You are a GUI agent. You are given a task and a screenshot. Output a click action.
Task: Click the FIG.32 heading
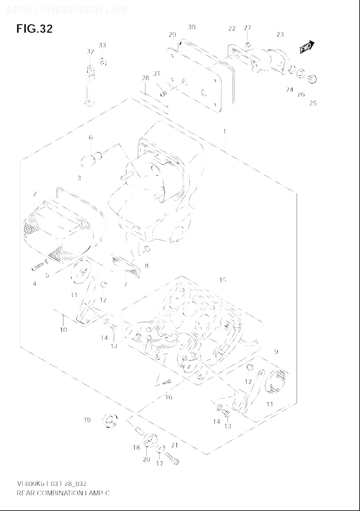click(x=34, y=29)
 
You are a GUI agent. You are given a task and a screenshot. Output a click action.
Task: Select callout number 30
click(x=192, y=27)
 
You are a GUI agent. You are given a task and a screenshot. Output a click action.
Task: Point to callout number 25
click(x=313, y=103)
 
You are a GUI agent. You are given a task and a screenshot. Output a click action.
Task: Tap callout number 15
click(x=223, y=280)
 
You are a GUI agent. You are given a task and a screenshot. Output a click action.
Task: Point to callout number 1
click(x=224, y=132)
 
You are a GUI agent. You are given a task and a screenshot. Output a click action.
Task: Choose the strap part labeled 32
click(x=90, y=85)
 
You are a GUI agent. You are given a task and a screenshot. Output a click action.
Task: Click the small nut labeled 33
click(x=103, y=62)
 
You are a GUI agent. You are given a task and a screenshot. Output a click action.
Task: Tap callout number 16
click(x=169, y=397)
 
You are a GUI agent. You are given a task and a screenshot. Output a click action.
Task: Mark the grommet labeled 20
click(x=149, y=440)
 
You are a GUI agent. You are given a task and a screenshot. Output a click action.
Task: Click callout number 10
click(x=64, y=330)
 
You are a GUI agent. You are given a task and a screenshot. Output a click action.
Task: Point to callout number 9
click(x=276, y=352)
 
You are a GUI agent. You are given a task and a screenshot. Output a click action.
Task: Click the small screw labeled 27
click(x=248, y=44)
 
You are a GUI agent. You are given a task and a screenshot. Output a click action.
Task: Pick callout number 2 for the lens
click(x=35, y=194)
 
